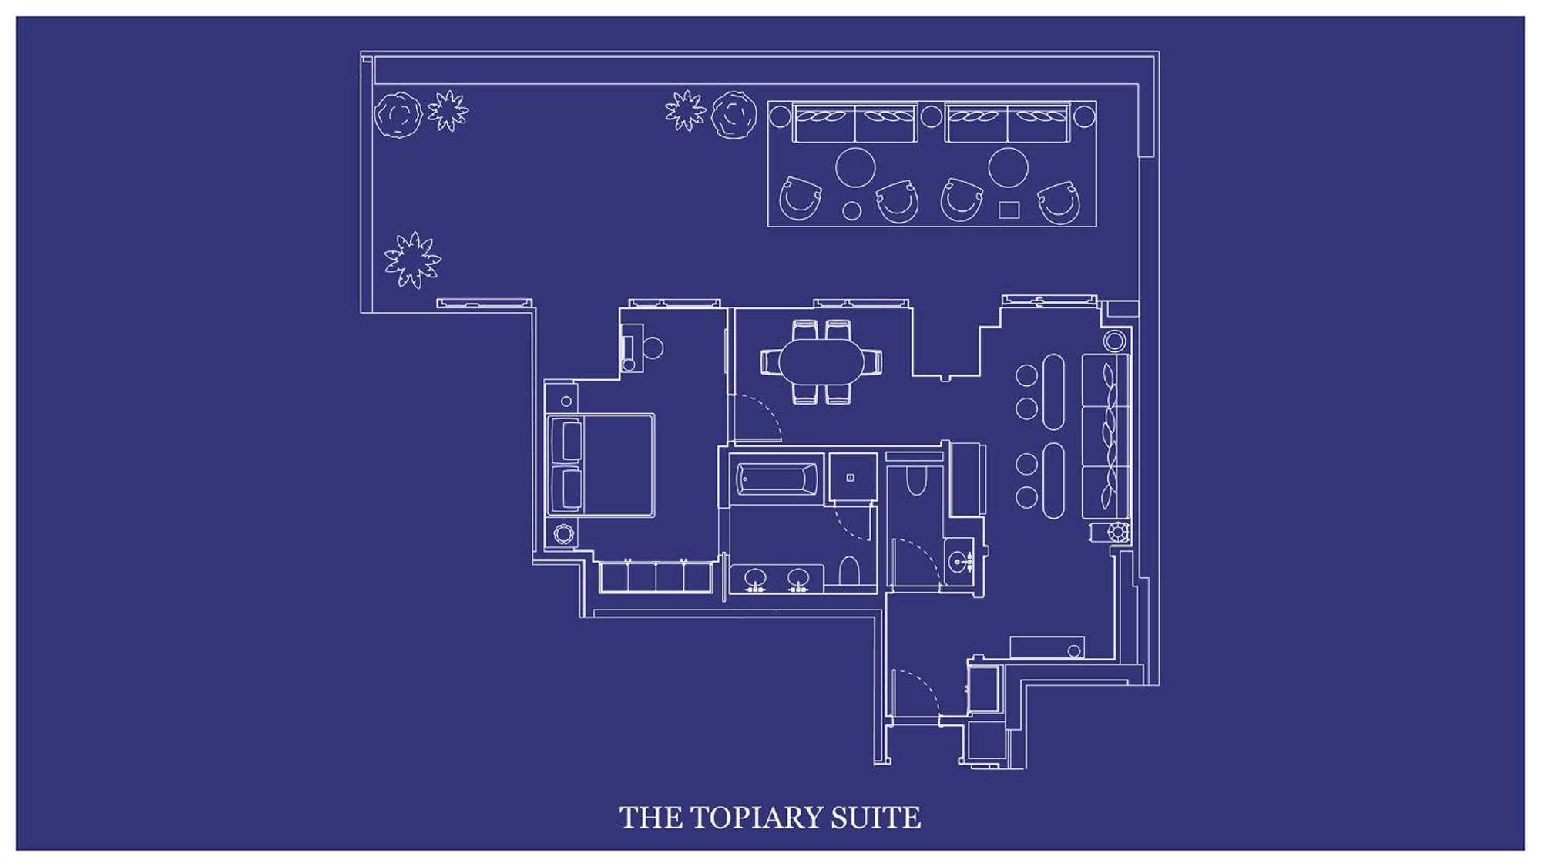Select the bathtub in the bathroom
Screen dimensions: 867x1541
point(777,479)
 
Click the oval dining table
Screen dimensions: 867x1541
point(822,361)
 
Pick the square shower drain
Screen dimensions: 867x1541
point(851,478)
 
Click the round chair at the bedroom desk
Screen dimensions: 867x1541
point(653,348)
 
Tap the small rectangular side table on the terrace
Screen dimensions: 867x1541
point(1009,210)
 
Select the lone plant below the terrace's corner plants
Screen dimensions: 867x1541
point(413,260)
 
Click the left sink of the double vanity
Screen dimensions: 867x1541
point(755,577)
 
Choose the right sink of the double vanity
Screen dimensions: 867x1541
point(798,577)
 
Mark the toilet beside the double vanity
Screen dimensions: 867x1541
point(849,572)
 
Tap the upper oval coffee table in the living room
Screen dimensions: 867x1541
point(1053,391)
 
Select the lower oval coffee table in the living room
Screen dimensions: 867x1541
point(1053,480)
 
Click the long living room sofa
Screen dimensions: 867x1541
point(1106,436)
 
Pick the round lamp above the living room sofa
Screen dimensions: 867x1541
point(1114,341)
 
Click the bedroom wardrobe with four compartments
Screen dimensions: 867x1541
point(656,577)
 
